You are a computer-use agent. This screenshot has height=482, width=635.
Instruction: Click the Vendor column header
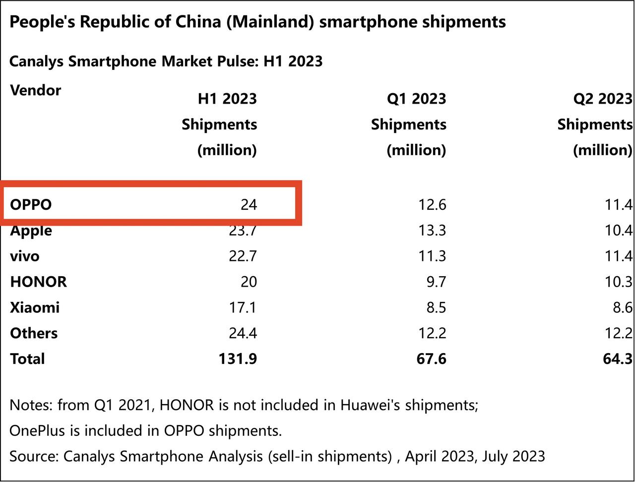point(35,90)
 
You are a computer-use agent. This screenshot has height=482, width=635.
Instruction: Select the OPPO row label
point(31,204)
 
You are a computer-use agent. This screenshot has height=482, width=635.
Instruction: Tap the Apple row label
point(31,231)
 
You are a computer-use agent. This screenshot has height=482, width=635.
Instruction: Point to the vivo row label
point(25,256)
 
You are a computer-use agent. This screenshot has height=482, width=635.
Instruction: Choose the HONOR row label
point(38,282)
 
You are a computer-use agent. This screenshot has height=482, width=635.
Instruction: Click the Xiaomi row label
point(35,307)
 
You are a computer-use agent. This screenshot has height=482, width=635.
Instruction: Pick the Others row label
point(34,333)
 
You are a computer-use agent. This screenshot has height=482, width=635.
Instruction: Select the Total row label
point(27,359)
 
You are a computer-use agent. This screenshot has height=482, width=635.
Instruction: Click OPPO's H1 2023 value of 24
point(249,204)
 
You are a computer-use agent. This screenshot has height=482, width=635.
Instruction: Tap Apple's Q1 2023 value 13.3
point(432,231)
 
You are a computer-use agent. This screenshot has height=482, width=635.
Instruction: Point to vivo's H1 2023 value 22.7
point(243,256)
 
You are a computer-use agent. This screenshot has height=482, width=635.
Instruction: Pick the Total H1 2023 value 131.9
point(238,359)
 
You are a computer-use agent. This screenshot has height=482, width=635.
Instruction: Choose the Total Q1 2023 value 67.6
point(431,359)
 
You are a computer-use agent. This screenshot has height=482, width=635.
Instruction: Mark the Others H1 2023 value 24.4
point(243,333)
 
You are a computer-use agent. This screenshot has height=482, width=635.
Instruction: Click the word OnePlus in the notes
point(37,430)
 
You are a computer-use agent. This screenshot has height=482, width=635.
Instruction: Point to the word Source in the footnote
point(33,456)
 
